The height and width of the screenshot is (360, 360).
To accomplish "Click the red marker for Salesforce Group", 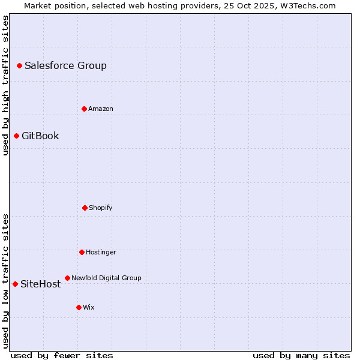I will pyautogui.click(x=19, y=65).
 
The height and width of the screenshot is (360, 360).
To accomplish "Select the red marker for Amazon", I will pyautogui.click(x=84, y=109).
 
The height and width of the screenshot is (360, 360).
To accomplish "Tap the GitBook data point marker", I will pyautogui.click(x=16, y=136).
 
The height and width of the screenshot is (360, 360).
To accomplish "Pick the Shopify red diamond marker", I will pyautogui.click(x=85, y=208).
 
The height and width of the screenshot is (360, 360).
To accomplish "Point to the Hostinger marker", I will pyautogui.click(x=82, y=252).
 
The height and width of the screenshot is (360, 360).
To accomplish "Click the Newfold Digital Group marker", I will pyautogui.click(x=67, y=278).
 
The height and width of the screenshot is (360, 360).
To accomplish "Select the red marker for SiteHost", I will pyautogui.click(x=15, y=284).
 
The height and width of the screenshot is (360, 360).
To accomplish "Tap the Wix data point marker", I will pyautogui.click(x=79, y=307).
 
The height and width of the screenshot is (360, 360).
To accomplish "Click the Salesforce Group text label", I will pyautogui.click(x=65, y=65).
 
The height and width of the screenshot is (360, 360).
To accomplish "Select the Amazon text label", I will pyautogui.click(x=101, y=109).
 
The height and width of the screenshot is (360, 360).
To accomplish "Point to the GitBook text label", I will pyautogui.click(x=40, y=136).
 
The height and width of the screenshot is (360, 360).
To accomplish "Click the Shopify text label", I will pyautogui.click(x=101, y=208).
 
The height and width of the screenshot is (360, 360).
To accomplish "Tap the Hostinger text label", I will pyautogui.click(x=101, y=252).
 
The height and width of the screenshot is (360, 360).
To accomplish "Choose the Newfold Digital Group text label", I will pyautogui.click(x=106, y=278).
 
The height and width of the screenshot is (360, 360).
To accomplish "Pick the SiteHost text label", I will pyautogui.click(x=40, y=284).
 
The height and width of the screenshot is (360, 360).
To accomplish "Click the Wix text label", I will pyautogui.click(x=89, y=307).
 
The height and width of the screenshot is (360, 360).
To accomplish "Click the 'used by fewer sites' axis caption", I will pyautogui.click(x=62, y=355).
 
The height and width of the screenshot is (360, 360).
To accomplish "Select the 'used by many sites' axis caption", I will pyautogui.click(x=301, y=355).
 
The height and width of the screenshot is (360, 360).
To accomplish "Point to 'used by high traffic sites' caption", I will pyautogui.click(x=5, y=85).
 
